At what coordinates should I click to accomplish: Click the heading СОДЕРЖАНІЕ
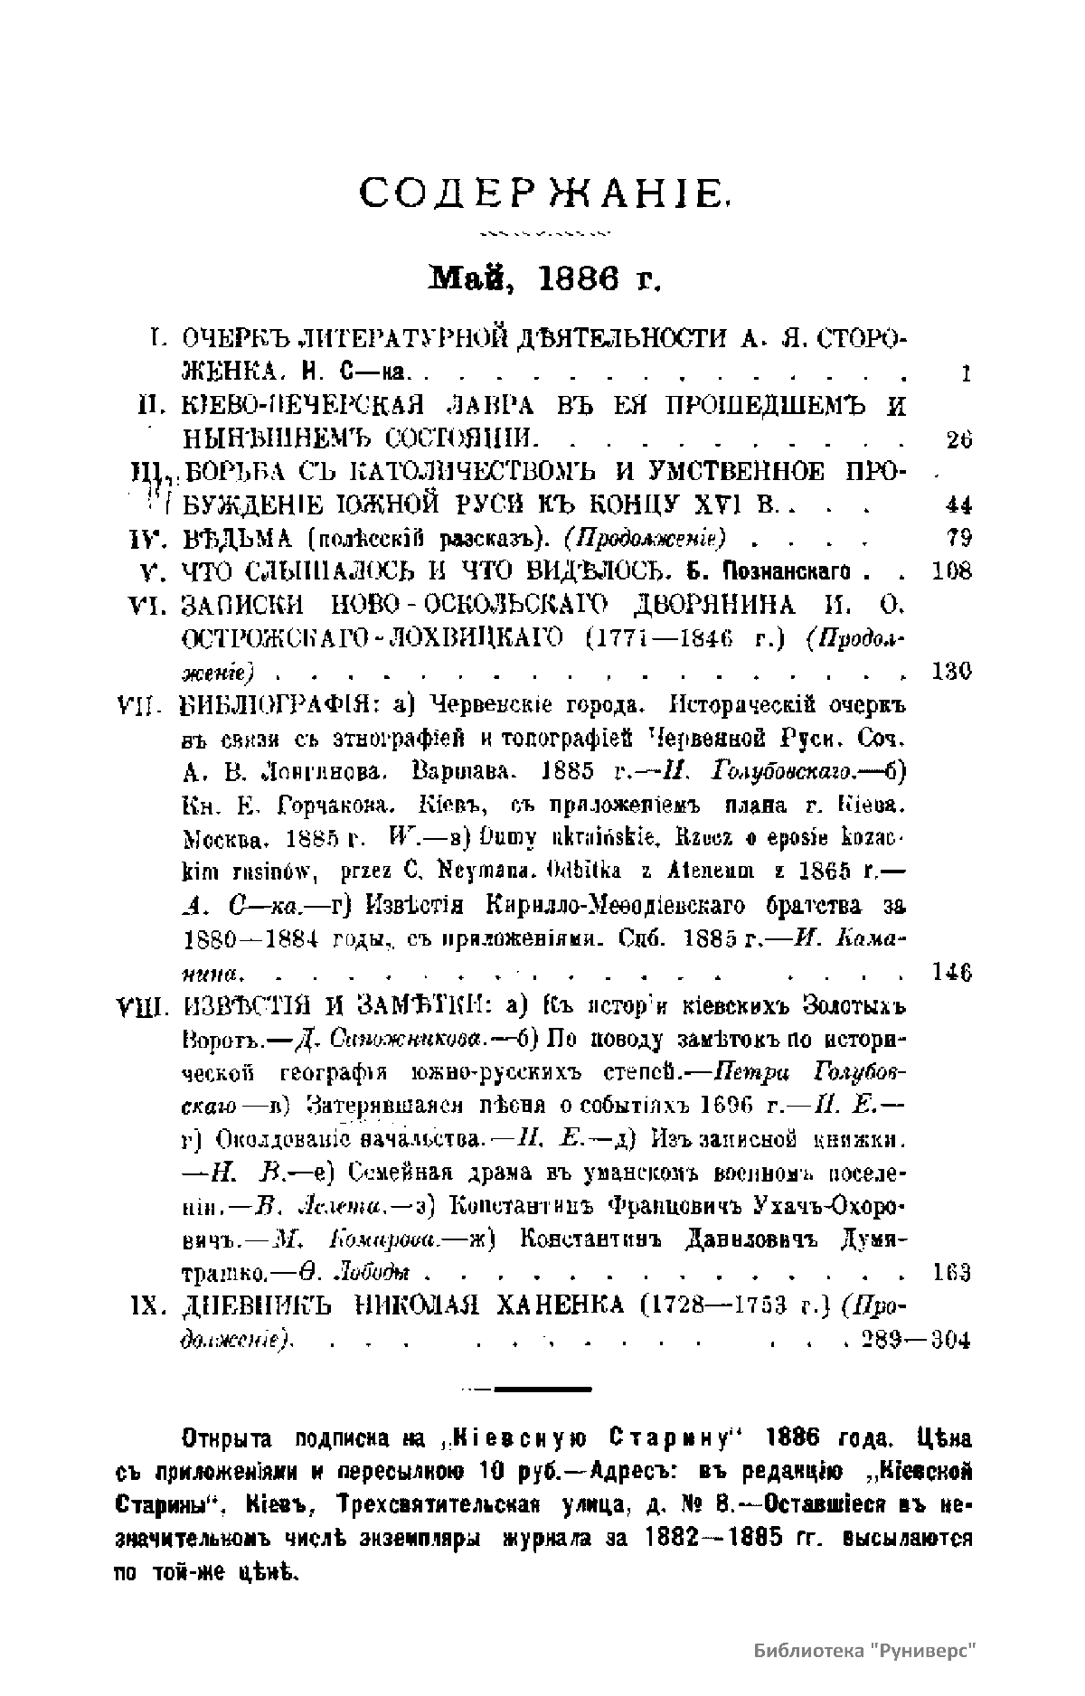544,193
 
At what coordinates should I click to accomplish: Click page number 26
958,439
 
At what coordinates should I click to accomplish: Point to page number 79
958,538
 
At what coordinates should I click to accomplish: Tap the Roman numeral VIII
138,1005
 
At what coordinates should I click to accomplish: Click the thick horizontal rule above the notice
542,1388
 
